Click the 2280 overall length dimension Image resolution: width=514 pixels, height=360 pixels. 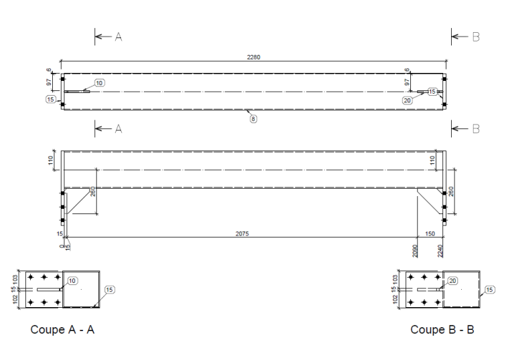(x=254, y=57)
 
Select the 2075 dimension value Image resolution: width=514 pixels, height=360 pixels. (x=243, y=234)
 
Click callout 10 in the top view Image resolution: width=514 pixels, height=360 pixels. (x=99, y=83)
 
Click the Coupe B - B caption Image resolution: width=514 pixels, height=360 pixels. (x=442, y=329)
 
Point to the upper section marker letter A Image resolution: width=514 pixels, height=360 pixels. (x=118, y=37)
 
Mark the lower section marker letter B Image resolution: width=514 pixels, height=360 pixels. (x=476, y=129)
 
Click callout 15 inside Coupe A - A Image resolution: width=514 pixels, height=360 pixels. (x=110, y=290)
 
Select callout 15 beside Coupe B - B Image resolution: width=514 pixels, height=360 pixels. (x=489, y=290)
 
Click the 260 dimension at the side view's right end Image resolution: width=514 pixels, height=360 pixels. (x=451, y=191)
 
